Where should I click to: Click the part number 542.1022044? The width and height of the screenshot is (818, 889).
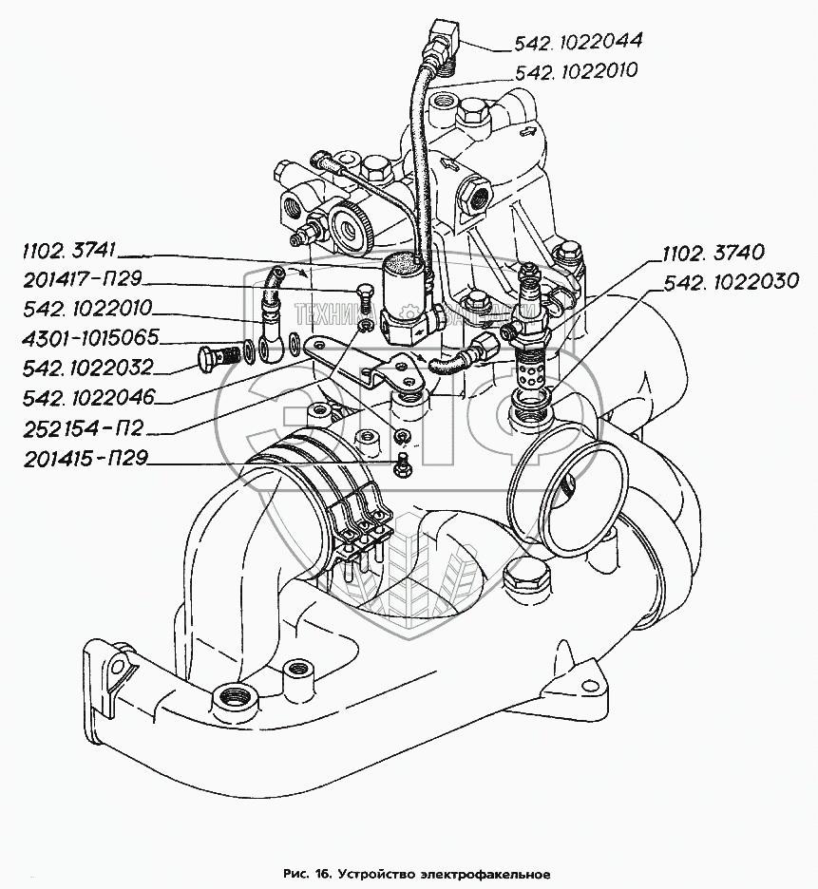tap(578, 41)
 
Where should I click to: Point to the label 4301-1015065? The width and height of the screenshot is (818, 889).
tap(80, 337)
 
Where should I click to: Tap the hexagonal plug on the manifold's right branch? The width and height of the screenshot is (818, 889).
tap(523, 576)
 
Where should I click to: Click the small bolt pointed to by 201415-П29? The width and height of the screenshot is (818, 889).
tap(403, 464)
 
